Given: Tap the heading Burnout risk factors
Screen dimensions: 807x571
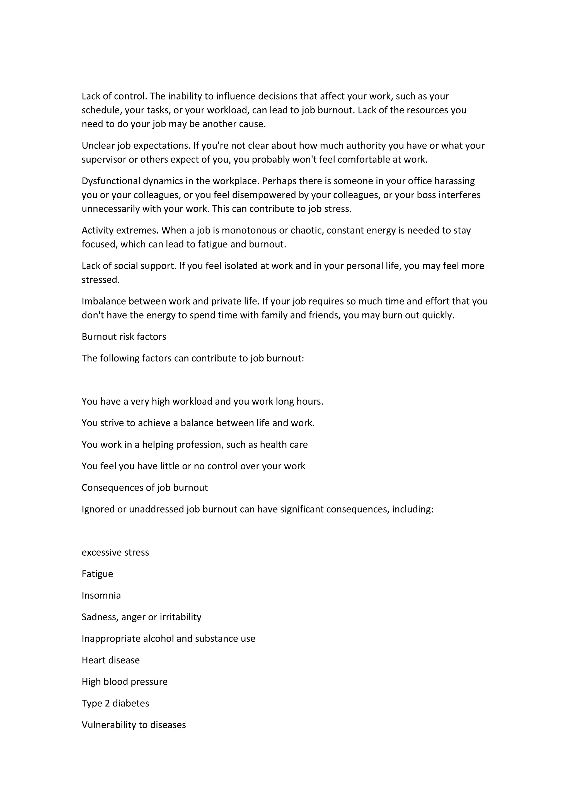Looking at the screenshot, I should coord(124,337).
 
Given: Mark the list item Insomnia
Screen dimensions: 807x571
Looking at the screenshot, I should coord(101,595).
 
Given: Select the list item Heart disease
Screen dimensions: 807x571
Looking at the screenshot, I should coord(111,660).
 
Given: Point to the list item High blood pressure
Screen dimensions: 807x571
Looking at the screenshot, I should coord(124,682).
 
